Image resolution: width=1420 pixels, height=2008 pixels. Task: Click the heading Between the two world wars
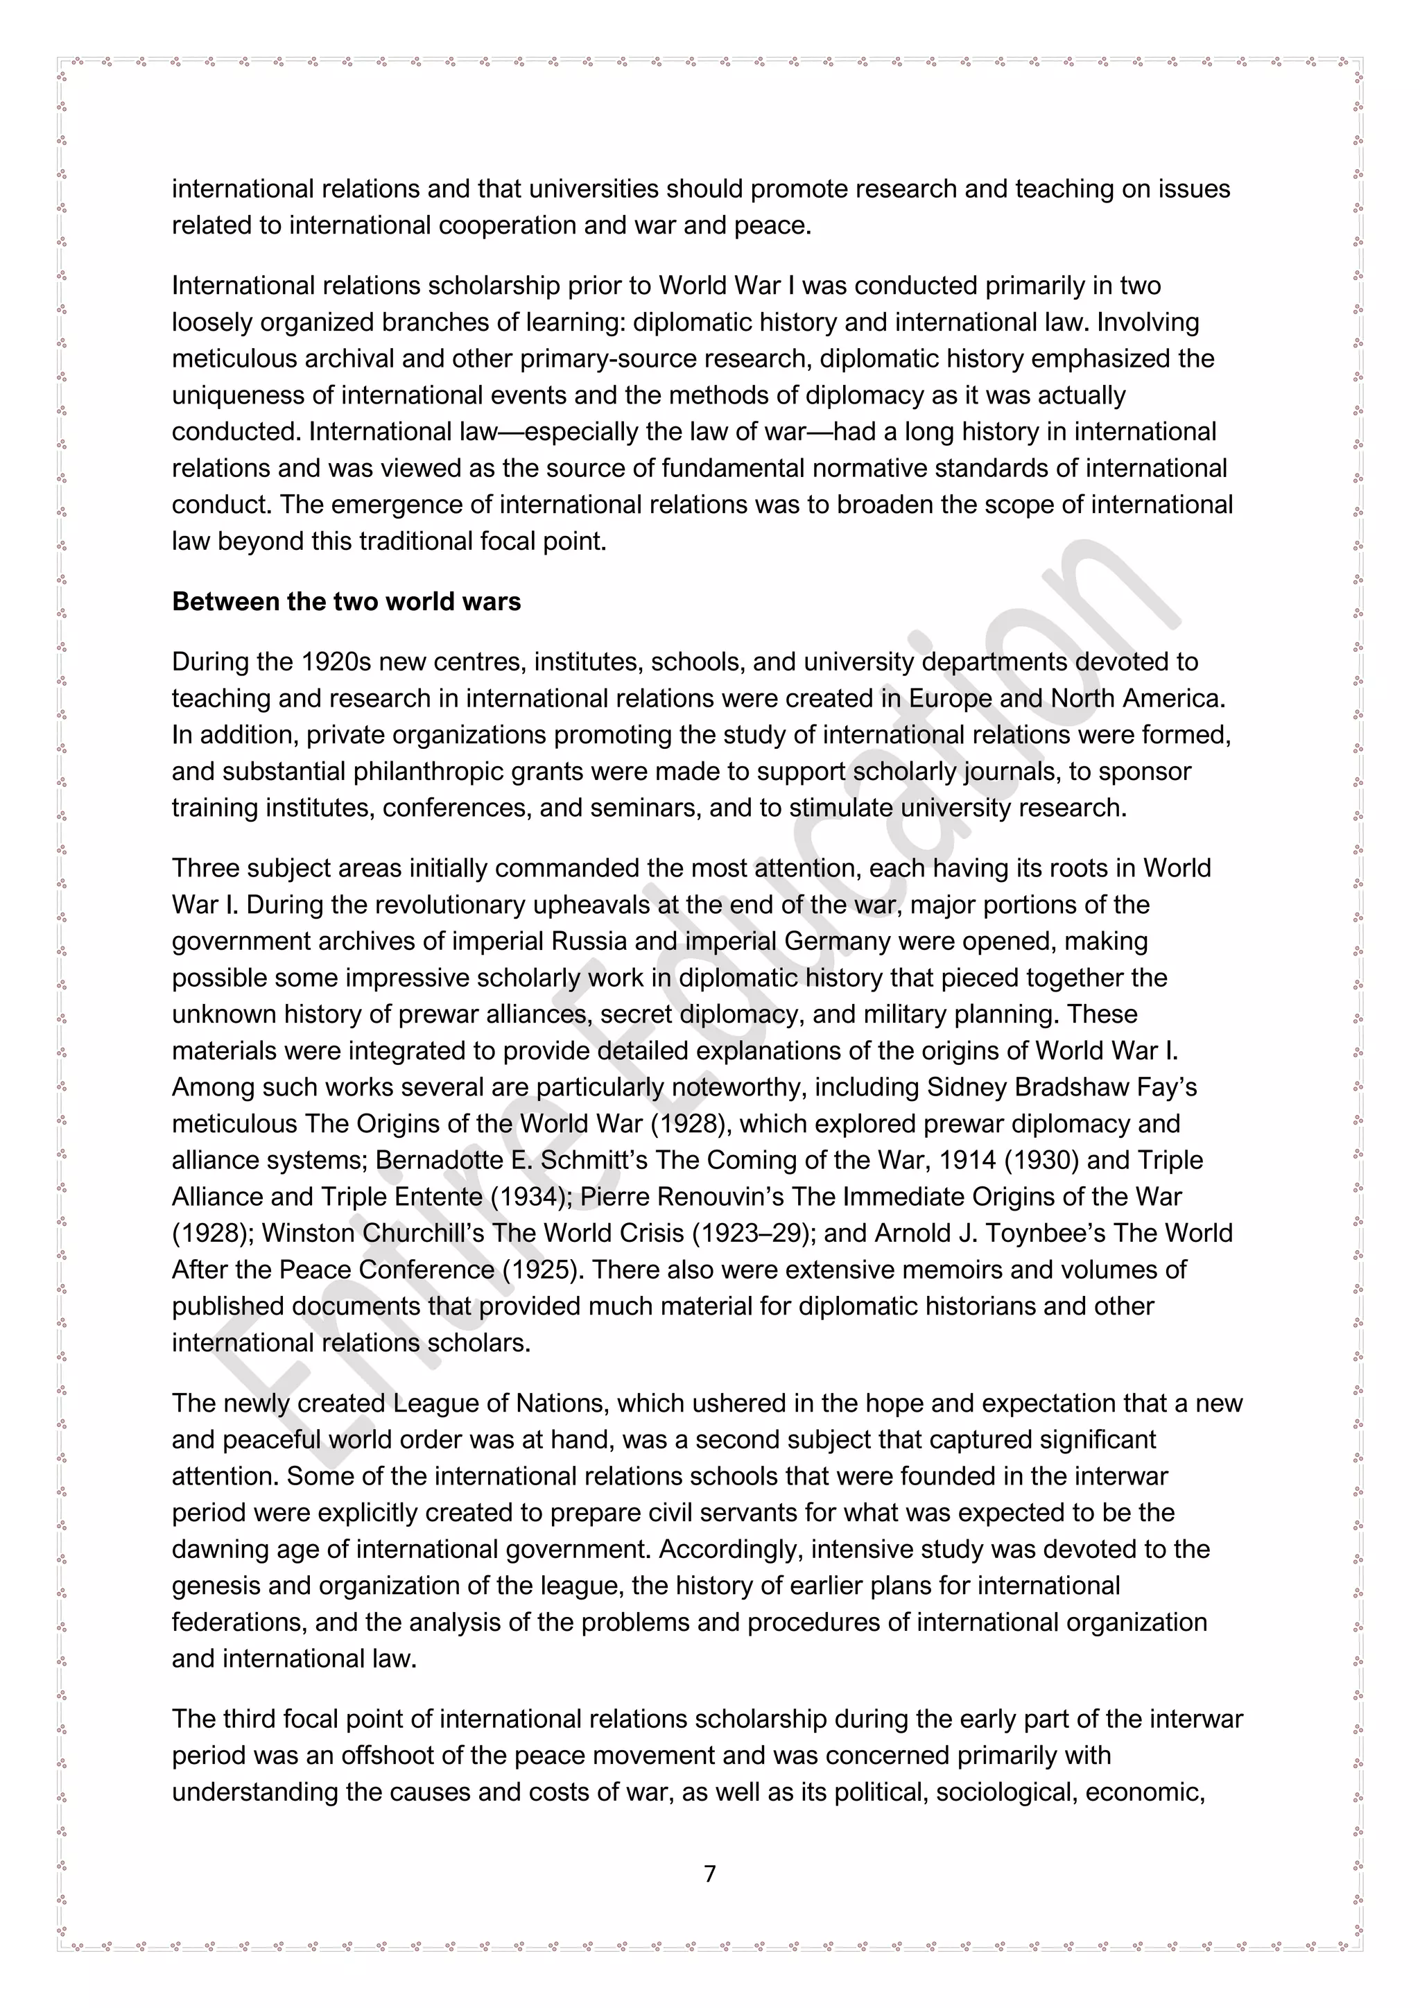tap(346, 602)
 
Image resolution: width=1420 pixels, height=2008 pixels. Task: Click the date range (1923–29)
tap(754, 1233)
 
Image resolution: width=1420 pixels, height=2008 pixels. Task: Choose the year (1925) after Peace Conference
tap(543, 1270)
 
